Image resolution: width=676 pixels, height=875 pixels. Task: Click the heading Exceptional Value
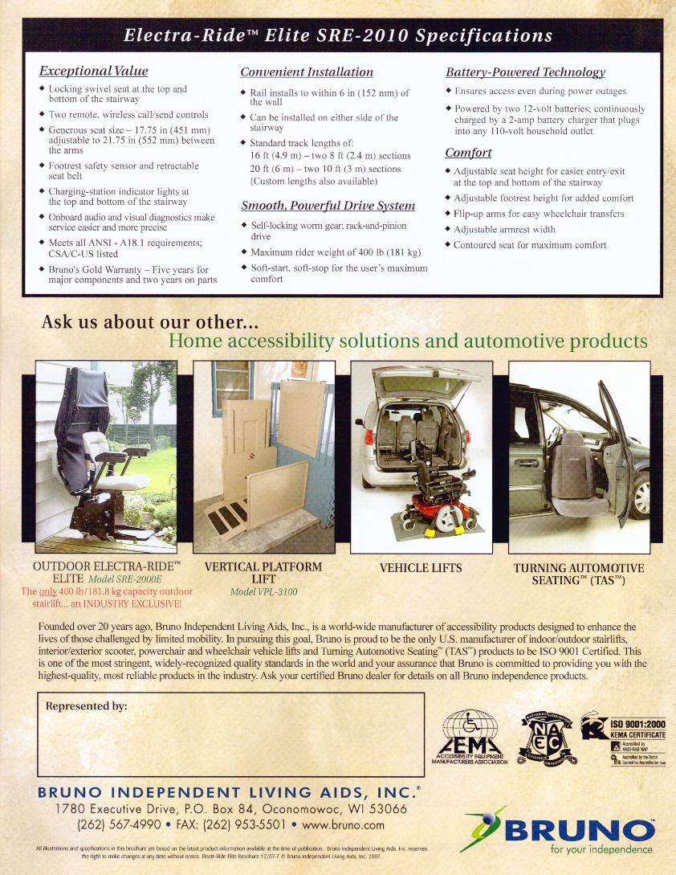point(95,72)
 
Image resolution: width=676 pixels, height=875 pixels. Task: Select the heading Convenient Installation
point(307,72)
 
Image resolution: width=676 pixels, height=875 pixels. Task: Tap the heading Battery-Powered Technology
point(525,72)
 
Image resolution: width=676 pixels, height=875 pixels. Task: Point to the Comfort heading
point(468,153)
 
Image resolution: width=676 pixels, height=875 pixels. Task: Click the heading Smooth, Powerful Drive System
point(328,206)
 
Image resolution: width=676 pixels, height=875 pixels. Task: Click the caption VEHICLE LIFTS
point(421,568)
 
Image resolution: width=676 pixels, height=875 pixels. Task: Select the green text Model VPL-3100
point(263,591)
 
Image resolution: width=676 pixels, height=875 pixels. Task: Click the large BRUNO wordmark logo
point(575,828)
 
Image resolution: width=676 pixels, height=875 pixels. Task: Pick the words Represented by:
point(87,706)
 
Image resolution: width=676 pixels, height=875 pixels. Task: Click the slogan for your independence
point(602,850)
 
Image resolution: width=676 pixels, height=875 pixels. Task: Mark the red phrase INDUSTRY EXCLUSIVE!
point(135,602)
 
